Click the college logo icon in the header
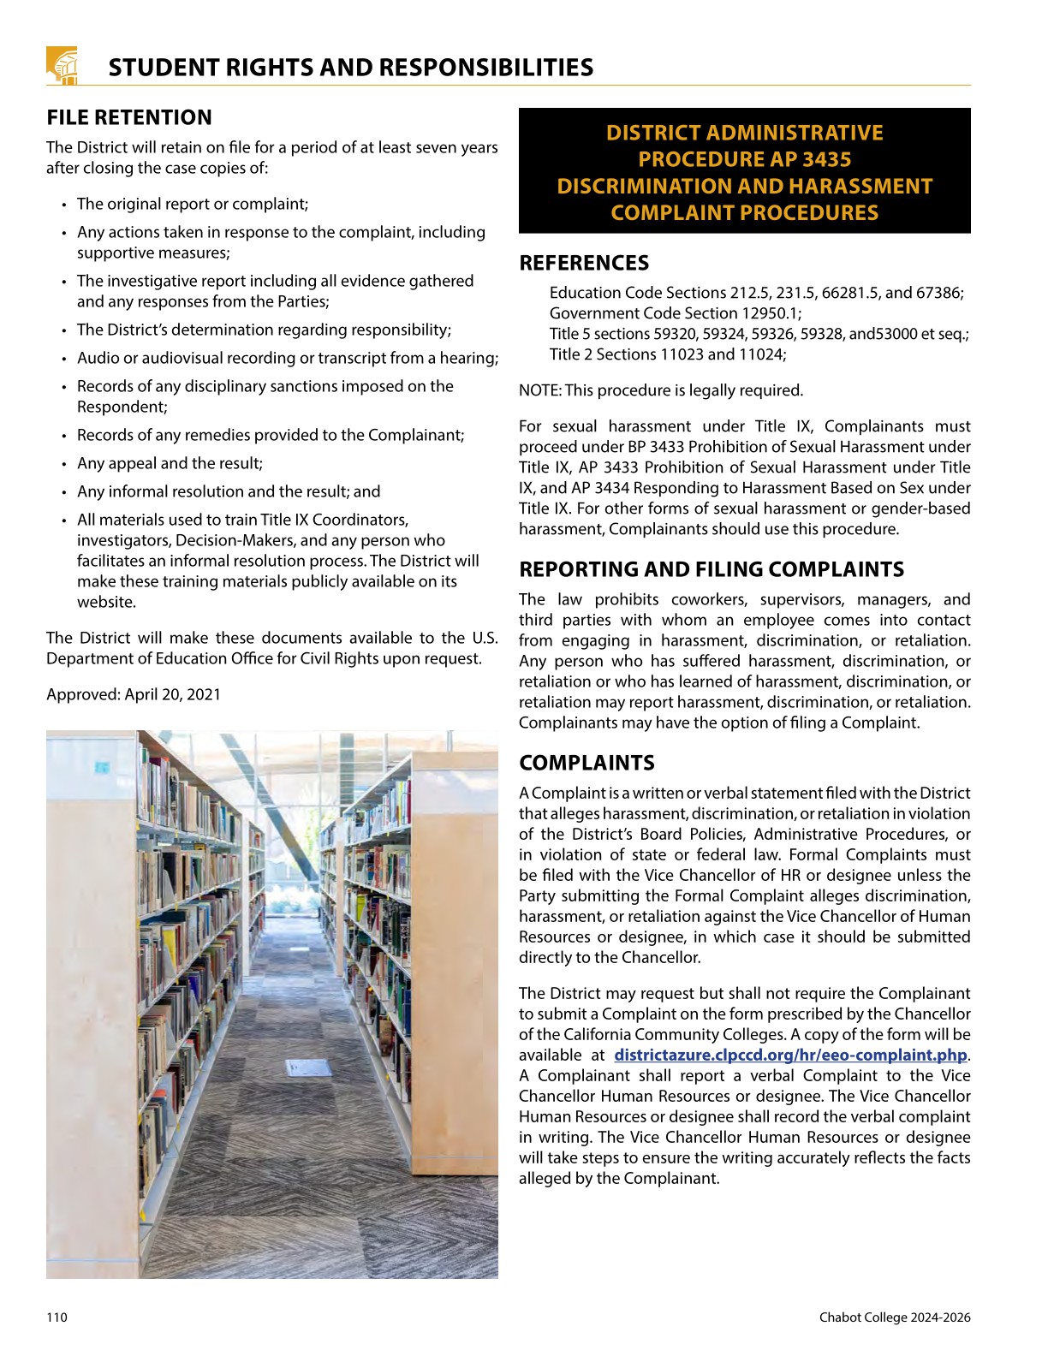tap(62, 66)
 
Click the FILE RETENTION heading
tap(129, 117)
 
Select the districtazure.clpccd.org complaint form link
tap(789, 1056)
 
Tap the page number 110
tap(57, 1317)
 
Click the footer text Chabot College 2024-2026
tap(894, 1317)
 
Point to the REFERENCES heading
tap(584, 263)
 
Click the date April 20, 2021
tap(172, 694)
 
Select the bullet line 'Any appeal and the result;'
tap(170, 463)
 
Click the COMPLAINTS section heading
tap(587, 763)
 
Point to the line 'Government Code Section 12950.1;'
tap(676, 313)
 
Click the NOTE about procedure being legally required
tap(660, 390)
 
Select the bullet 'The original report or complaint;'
tap(192, 204)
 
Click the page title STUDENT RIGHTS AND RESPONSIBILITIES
tap(350, 68)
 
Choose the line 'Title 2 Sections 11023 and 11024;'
tap(667, 354)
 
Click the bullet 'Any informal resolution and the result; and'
tap(228, 491)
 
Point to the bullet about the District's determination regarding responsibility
tap(264, 330)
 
